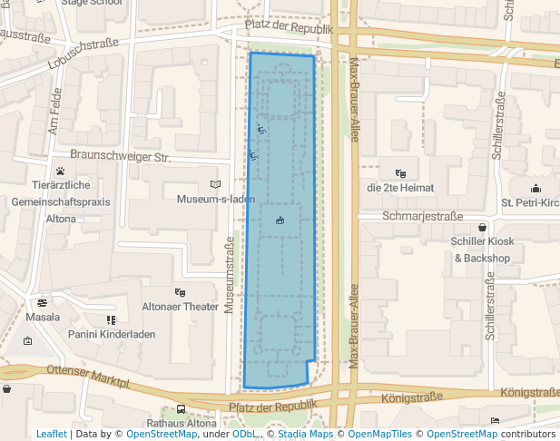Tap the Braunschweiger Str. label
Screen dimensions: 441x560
(x=120, y=156)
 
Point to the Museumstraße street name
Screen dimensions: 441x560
(x=230, y=275)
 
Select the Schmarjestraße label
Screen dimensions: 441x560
(x=423, y=217)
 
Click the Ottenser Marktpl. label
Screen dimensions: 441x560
(x=90, y=371)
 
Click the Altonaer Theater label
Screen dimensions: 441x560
(x=181, y=307)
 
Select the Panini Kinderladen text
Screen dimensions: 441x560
(x=112, y=334)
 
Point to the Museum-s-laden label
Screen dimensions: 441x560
(x=215, y=199)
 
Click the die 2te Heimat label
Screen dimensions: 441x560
(x=400, y=188)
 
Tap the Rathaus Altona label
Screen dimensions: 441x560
(x=182, y=423)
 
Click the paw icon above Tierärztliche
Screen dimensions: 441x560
(x=61, y=170)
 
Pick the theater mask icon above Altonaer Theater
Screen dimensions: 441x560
(x=180, y=292)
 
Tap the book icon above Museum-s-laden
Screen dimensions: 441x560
(x=215, y=184)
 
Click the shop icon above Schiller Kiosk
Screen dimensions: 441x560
(x=482, y=227)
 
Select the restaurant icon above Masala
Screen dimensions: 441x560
(x=42, y=303)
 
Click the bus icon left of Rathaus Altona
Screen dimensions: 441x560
(x=182, y=409)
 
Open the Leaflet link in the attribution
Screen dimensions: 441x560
(x=52, y=434)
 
